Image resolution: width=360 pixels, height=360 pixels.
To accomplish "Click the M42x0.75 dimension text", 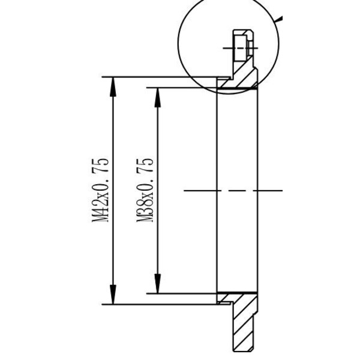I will pyautogui.click(x=101, y=190).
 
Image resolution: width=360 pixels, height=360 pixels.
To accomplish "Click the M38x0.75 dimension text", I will pyautogui.click(x=146, y=190).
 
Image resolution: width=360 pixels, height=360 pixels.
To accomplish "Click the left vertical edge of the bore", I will pyautogui.click(x=217, y=190).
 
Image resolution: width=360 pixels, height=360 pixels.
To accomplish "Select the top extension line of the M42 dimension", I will pyautogui.click(x=162, y=77).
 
